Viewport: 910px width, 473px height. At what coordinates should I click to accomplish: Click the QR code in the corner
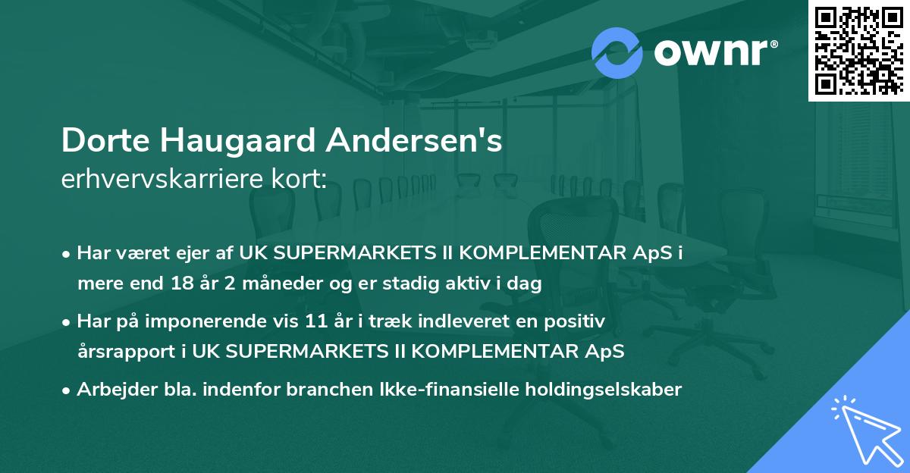click(x=859, y=50)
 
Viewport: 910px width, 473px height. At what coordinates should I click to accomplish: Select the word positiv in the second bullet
click(x=579, y=321)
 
